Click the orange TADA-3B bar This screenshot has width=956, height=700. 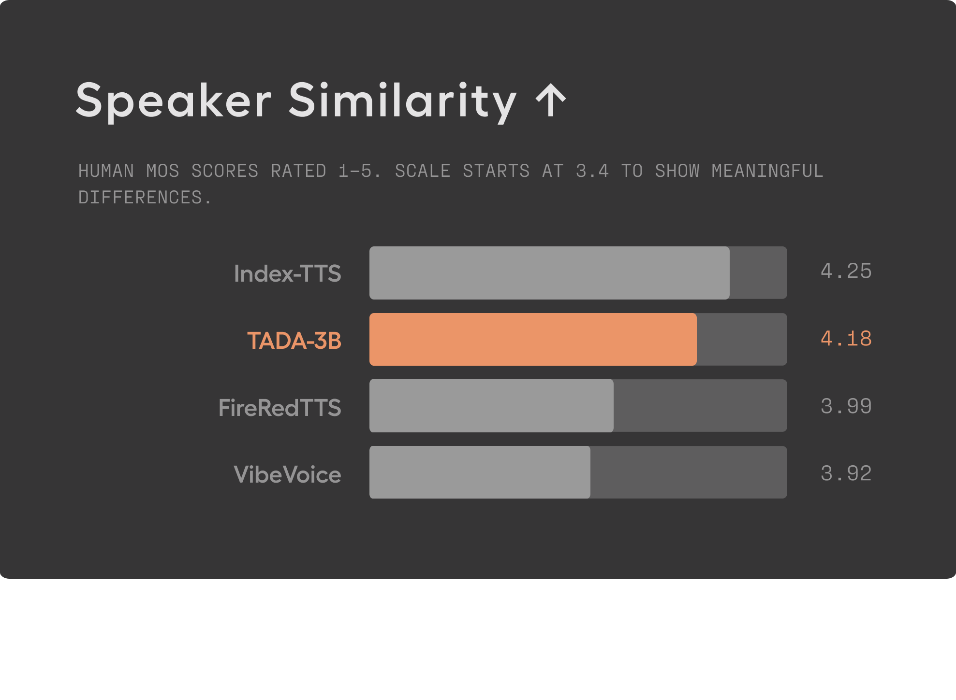point(533,339)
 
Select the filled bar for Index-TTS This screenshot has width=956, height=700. point(549,272)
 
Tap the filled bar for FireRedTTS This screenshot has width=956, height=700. point(491,406)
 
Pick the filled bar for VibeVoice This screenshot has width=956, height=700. point(480,472)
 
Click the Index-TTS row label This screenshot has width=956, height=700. point(287,273)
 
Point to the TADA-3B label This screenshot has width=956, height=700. point(294,341)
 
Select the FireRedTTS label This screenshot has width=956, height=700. point(279,408)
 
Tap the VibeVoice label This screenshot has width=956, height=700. point(287,474)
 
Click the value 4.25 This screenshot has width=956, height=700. point(846,271)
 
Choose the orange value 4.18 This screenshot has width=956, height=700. point(846,339)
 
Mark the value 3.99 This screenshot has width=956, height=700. point(846,406)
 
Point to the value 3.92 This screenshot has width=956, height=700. point(846,473)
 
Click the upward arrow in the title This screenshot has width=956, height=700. point(551,100)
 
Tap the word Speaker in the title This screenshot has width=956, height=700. point(173,100)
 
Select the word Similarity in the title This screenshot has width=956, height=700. point(402,100)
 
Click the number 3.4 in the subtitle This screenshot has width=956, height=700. point(592,171)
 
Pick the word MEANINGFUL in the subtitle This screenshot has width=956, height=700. point(767,171)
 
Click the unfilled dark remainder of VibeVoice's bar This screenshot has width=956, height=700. point(688,472)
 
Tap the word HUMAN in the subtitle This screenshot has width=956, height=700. point(106,171)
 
